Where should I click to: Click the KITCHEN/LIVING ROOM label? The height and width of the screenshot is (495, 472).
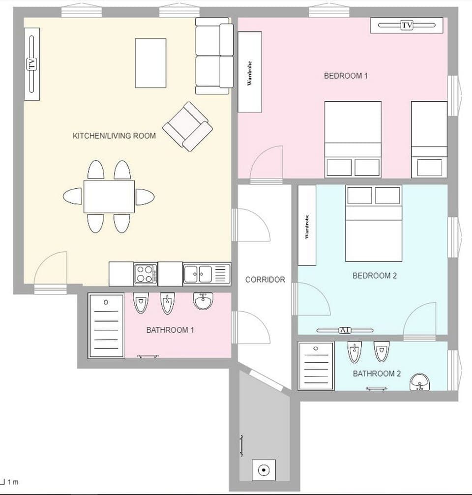click(114, 136)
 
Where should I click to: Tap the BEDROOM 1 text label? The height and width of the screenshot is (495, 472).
click(346, 76)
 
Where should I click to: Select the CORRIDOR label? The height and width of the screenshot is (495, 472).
click(265, 280)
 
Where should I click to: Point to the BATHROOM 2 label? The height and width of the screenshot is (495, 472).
click(377, 374)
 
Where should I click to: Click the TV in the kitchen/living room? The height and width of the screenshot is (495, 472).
click(32, 64)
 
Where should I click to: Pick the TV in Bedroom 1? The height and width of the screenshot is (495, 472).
click(407, 25)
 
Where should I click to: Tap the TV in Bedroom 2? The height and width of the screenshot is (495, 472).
click(345, 330)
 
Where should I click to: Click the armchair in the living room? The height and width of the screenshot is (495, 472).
click(187, 126)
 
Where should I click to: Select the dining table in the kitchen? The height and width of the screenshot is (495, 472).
click(109, 197)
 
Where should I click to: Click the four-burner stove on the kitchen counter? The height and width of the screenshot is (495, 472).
click(146, 274)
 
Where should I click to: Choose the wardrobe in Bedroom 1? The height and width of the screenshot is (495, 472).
click(250, 72)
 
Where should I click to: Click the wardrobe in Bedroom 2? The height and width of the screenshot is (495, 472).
click(307, 225)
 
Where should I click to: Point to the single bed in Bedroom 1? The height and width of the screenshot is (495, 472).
click(429, 139)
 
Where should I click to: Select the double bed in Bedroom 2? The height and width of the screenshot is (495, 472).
click(374, 223)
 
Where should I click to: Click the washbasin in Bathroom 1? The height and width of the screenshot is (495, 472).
click(203, 301)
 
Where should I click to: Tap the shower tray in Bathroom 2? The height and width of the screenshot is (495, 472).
click(316, 367)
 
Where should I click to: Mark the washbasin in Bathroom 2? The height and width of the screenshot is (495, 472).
click(419, 381)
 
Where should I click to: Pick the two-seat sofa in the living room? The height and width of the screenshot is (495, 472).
click(214, 56)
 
